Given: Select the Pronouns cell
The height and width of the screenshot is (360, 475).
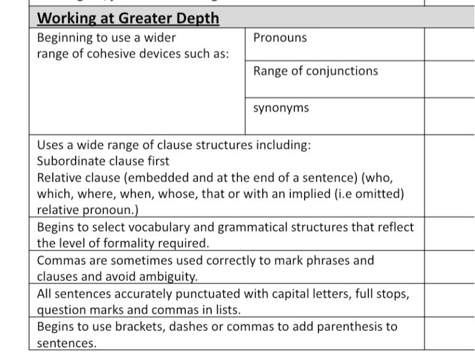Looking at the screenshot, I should point(280,38).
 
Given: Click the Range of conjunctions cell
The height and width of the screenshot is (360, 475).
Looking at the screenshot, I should point(315,71).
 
